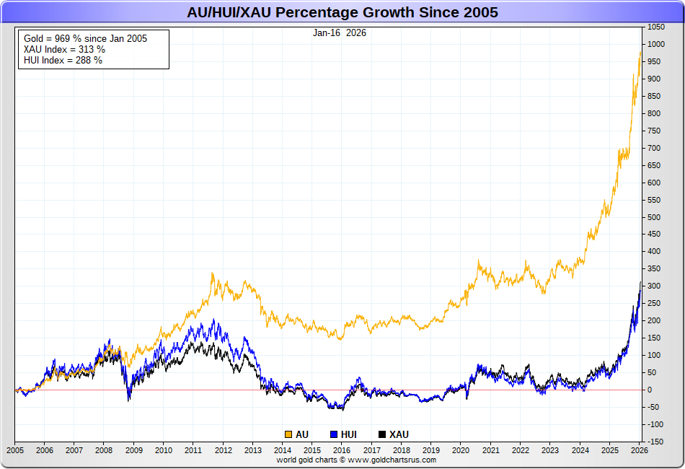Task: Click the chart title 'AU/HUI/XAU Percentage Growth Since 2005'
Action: point(342,12)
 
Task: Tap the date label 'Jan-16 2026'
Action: point(339,33)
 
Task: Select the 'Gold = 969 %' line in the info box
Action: point(85,38)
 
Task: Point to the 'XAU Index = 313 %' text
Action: point(64,49)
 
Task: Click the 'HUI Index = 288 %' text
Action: point(63,60)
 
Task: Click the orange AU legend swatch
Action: point(288,434)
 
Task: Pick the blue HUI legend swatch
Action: point(334,434)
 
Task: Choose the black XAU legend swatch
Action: point(382,434)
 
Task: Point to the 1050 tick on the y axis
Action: point(655,27)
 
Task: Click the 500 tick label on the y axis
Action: point(653,217)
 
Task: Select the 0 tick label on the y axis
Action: point(649,390)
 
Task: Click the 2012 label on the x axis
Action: point(223,450)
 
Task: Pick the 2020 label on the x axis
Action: point(461,450)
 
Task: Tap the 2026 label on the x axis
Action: point(639,450)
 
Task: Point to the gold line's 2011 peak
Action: point(212,273)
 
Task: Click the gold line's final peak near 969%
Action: point(640,53)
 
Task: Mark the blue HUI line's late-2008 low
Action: point(129,399)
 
